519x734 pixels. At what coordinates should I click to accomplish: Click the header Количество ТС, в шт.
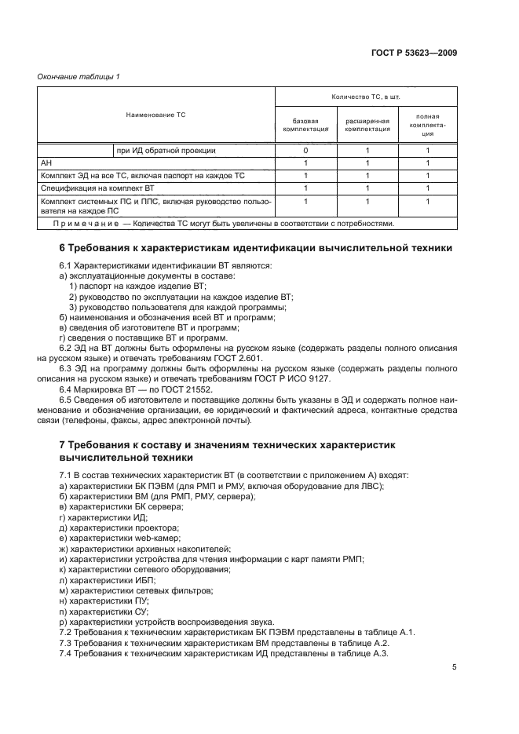[367, 97]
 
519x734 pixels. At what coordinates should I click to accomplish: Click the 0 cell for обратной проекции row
[305, 150]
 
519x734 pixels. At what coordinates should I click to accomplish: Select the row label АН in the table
[46, 163]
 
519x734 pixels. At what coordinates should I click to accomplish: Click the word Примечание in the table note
[82, 223]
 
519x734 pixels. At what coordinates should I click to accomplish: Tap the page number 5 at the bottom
[455, 667]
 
